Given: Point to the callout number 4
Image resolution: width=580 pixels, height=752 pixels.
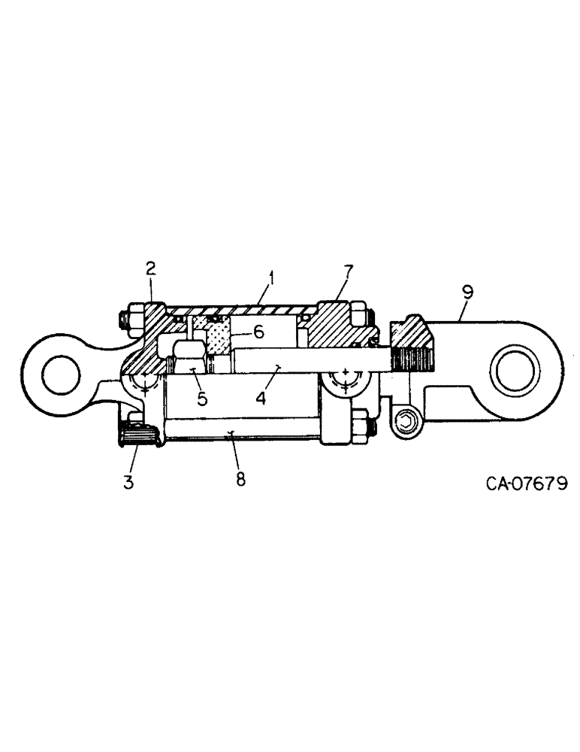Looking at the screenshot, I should point(261,396).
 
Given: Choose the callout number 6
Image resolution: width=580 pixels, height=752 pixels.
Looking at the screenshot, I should point(258,332).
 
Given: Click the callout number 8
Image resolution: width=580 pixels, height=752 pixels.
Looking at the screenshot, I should point(240,479).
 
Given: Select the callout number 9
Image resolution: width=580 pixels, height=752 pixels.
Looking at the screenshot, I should point(468,293).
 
